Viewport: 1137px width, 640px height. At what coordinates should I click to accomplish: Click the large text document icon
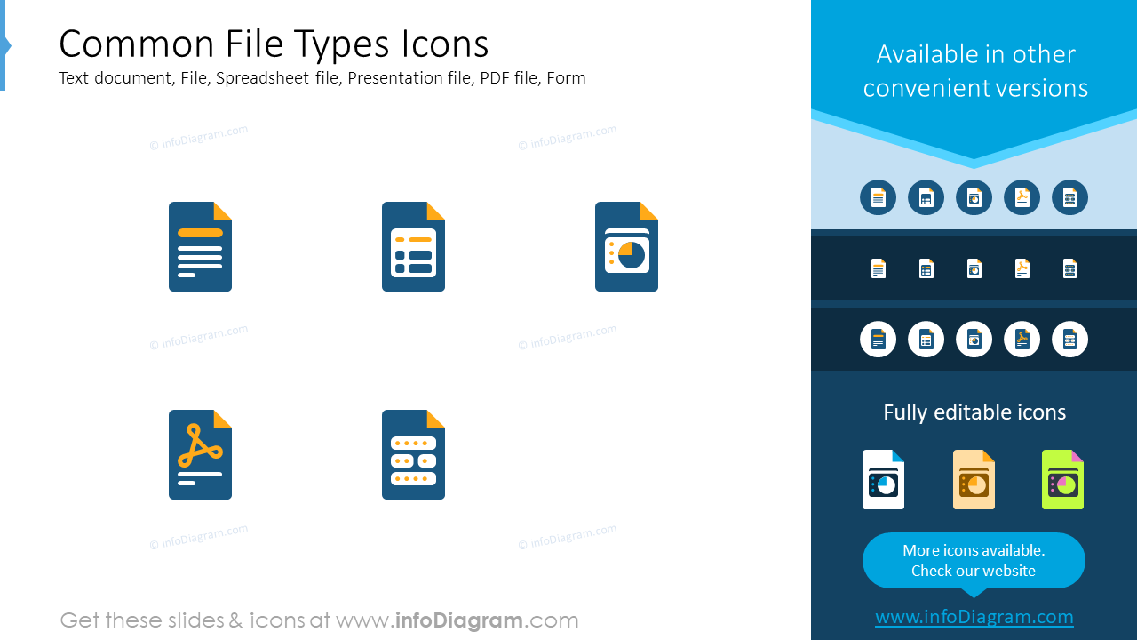point(200,247)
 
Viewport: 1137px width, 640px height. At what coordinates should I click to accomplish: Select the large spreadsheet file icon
point(413,247)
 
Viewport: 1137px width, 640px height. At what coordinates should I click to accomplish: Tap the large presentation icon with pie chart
point(626,247)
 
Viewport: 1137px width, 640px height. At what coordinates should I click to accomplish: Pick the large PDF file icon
point(200,455)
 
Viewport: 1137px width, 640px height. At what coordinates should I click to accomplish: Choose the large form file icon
point(413,455)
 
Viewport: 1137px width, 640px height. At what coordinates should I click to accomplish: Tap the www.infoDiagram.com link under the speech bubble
point(974,617)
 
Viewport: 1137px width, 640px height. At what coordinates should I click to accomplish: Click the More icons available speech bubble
point(974,560)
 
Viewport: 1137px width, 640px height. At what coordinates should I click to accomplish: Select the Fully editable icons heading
point(974,412)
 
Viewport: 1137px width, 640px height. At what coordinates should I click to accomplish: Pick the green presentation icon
point(1062,480)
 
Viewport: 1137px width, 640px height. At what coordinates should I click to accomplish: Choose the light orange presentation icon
point(974,480)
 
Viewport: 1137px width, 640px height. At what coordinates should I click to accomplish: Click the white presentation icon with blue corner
point(883,480)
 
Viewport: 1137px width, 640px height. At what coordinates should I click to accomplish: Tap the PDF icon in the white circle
point(1022,340)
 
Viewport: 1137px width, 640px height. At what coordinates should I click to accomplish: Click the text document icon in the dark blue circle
point(878,197)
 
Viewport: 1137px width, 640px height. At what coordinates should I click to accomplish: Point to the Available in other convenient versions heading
point(974,71)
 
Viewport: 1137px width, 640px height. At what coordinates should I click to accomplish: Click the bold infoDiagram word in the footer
point(458,620)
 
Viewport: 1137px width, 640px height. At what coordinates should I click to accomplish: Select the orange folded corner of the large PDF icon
point(223,419)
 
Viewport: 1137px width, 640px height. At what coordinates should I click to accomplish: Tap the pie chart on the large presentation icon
point(632,255)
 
